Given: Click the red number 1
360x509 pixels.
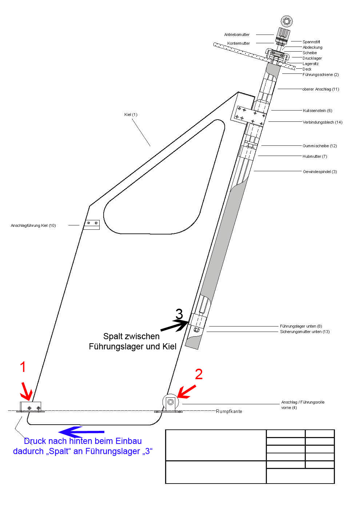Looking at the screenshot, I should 23,367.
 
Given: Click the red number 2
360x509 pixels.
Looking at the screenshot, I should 199,374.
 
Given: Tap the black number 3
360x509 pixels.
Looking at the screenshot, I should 179,314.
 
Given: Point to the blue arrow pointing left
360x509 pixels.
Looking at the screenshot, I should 81,432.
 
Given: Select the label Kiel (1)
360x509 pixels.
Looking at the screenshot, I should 131,115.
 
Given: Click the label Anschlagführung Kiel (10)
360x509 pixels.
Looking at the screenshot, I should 33,225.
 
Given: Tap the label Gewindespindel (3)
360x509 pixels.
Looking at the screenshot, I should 320,172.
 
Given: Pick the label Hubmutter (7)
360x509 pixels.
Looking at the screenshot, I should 315,156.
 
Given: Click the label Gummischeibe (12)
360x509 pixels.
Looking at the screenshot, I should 320,146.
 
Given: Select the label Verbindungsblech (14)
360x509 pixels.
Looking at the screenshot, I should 323,122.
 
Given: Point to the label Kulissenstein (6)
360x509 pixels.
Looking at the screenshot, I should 317,111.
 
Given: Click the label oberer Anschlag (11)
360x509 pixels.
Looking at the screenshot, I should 320,89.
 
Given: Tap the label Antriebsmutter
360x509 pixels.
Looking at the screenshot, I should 237,35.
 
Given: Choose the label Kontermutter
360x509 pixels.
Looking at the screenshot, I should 239,43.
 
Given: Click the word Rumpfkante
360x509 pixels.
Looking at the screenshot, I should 229,411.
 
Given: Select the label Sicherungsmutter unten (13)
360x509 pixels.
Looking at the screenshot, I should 305,332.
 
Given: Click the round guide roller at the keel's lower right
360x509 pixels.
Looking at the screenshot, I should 170,402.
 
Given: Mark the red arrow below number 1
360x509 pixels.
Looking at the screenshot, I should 26,391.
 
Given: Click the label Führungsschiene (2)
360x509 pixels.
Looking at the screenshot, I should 320,75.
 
